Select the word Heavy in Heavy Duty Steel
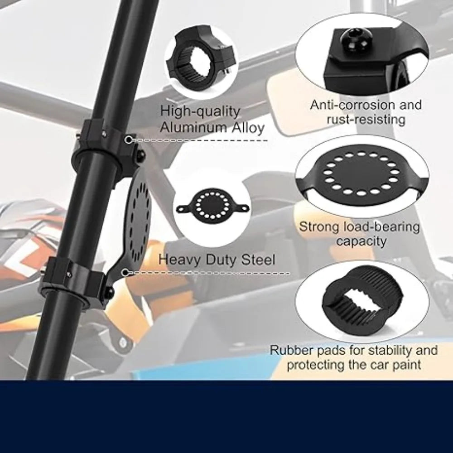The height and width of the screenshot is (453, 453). click(179, 260)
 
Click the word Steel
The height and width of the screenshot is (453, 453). click(258, 259)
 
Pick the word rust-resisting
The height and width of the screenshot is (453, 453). click(366, 119)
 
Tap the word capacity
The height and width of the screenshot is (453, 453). click(361, 241)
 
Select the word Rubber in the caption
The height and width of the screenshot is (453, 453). click(291, 350)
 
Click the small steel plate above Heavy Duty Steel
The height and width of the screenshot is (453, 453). click(212, 205)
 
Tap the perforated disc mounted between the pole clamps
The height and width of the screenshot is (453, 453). click(139, 214)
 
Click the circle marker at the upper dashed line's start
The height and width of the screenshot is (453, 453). click(129, 140)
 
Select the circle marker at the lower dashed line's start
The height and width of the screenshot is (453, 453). click(125, 272)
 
